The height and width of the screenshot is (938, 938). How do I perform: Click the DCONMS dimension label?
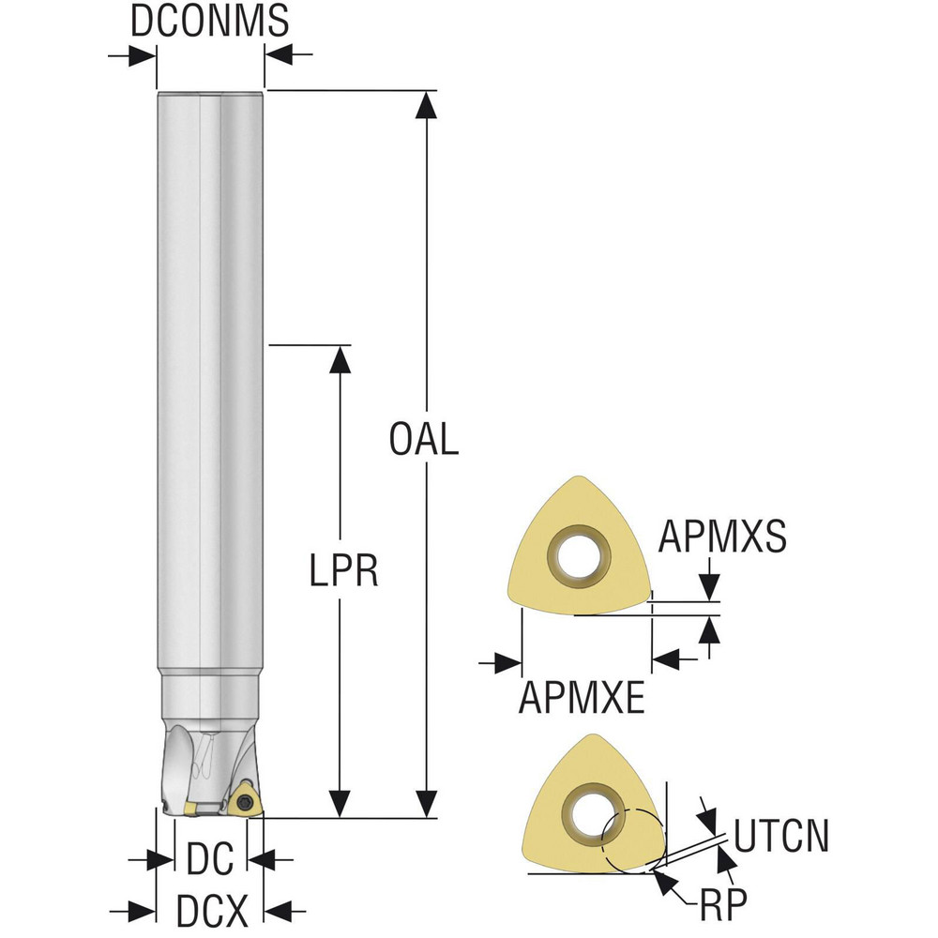point(209,21)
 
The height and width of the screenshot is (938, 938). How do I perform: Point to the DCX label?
point(211,911)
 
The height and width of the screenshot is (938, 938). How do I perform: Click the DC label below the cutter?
point(210,859)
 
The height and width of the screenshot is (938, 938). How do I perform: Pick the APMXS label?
point(722,535)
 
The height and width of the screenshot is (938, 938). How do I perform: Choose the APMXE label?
point(582,697)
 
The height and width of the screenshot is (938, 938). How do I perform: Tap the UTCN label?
point(780,836)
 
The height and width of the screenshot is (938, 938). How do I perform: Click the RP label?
point(723,905)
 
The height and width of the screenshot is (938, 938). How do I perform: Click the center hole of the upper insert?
point(578,555)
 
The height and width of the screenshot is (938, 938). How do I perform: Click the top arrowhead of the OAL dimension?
point(426,105)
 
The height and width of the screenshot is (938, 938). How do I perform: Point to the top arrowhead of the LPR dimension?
point(340,359)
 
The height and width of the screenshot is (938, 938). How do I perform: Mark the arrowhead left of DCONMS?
point(143,57)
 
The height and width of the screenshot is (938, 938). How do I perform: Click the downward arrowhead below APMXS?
point(709,587)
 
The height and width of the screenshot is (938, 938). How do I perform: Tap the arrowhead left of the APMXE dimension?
point(508,663)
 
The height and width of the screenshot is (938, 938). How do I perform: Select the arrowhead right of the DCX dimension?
point(279,912)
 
